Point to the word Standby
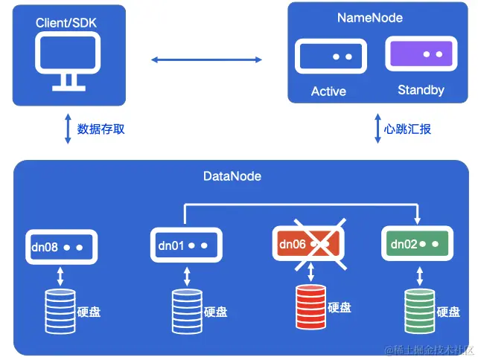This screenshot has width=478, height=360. pyautogui.click(x=421, y=90)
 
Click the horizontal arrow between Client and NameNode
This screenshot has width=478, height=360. pyautogui.click(x=207, y=59)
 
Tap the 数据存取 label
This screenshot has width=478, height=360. pyautogui.click(x=101, y=129)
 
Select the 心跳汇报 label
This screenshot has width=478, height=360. pyautogui.click(x=407, y=129)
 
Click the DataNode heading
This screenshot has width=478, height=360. pyautogui.click(x=232, y=176)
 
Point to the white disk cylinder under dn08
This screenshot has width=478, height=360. pyautogui.click(x=60, y=311)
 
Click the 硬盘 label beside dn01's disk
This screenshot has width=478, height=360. pyautogui.click(x=215, y=312)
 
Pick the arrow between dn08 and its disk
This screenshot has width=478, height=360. pyautogui.click(x=60, y=277)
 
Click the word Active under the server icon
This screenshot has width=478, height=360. pyautogui.click(x=328, y=91)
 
